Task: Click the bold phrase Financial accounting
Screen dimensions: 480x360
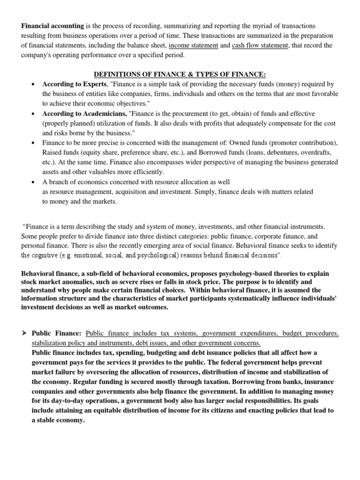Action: pyautogui.click(x=52, y=26)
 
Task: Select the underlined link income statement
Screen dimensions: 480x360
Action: pyautogui.click(x=193, y=45)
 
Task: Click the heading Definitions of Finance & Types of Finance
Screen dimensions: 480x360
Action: pyautogui.click(x=180, y=75)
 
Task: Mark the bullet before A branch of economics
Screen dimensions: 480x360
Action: pyautogui.click(x=32, y=182)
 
